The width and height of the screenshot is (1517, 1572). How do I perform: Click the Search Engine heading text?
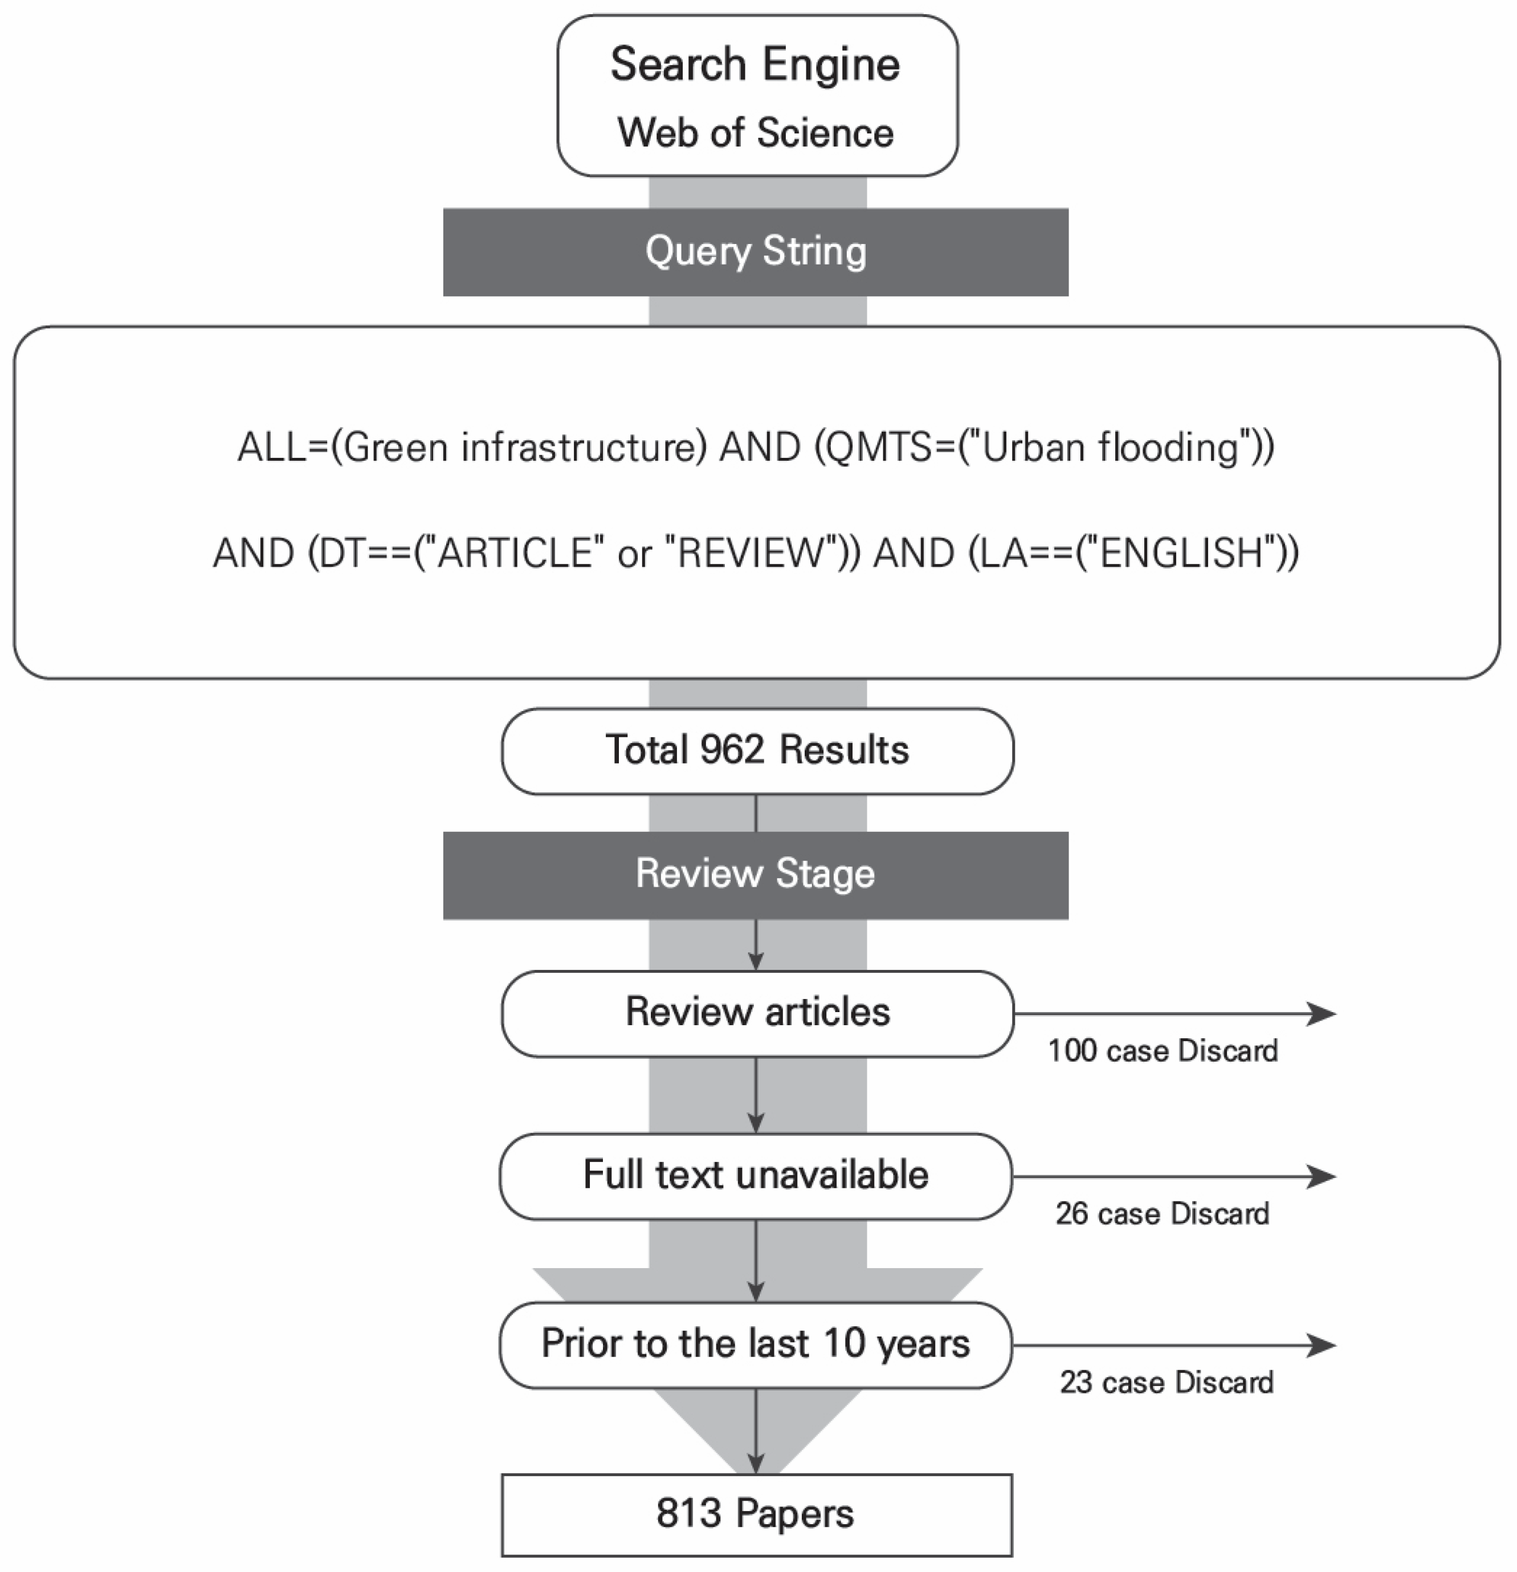(755, 64)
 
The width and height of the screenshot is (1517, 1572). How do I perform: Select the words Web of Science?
(755, 132)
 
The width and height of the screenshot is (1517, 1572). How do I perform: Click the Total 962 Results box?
(757, 751)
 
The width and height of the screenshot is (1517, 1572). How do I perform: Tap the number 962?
(731, 751)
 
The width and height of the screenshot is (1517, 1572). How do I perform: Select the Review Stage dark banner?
(755, 874)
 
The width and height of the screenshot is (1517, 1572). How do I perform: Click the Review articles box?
(757, 1013)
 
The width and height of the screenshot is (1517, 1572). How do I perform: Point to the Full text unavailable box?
(755, 1176)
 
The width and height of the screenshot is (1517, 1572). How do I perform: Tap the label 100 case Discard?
(1163, 1051)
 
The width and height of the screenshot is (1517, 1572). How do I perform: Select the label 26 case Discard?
(1162, 1214)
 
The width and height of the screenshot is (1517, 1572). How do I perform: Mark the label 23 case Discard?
(1166, 1383)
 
